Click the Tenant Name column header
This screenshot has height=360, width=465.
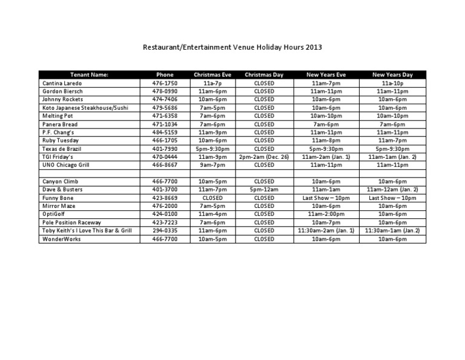point(89,75)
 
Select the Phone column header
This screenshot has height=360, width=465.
point(164,75)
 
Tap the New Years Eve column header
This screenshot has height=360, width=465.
point(326,75)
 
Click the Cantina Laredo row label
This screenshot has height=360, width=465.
point(62,83)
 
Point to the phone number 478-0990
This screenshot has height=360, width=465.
point(164,91)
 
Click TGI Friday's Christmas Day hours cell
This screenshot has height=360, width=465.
point(264,156)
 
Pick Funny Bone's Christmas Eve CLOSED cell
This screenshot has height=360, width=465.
point(212,198)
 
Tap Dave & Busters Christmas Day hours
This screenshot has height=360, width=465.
point(264,190)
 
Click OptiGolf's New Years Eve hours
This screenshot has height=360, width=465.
point(326,214)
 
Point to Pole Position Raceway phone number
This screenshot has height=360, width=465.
point(164,222)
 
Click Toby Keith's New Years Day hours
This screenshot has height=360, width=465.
point(392,231)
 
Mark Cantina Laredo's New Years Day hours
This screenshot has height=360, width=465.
point(392,83)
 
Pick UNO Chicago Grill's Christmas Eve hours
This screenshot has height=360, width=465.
point(212,164)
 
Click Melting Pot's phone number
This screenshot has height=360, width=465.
point(164,116)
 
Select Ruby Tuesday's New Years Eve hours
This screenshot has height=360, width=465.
point(326,140)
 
